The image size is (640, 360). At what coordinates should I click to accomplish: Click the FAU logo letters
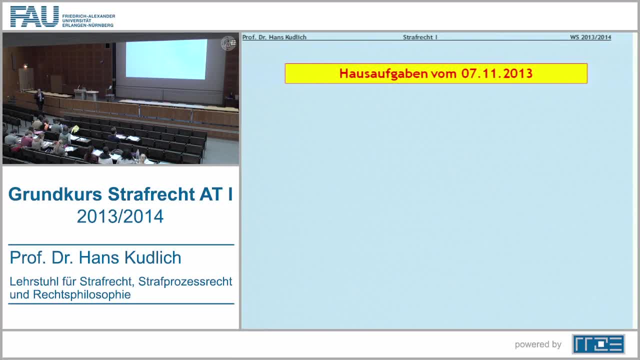tap(34, 16)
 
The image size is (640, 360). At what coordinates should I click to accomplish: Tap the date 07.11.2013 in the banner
tap(496, 73)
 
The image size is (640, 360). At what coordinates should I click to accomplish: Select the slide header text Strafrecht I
tap(420, 37)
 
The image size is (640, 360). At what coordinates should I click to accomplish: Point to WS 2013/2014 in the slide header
tap(590, 37)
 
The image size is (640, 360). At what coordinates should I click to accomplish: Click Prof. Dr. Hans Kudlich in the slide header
tap(274, 37)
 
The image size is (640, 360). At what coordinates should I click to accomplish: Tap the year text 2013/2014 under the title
tap(120, 216)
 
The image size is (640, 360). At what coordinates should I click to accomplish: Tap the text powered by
tap(537, 344)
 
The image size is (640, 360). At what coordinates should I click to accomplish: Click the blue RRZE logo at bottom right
tap(598, 344)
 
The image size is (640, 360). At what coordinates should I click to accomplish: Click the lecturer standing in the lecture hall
tap(39, 99)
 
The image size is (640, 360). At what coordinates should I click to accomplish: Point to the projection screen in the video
tap(166, 59)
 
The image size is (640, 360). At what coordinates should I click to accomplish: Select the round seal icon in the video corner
tap(228, 43)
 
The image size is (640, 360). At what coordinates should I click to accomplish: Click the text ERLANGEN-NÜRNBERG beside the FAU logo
tap(88, 25)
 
